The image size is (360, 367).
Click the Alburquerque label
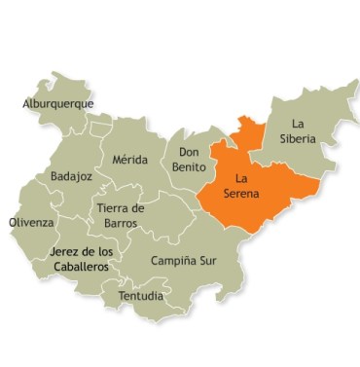(58, 103)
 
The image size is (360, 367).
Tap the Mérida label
(130, 160)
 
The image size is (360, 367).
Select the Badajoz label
(71, 177)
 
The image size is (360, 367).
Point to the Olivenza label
(32, 222)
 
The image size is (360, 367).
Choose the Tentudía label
(141, 295)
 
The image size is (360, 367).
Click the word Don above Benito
(190, 153)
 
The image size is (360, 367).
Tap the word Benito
(190, 167)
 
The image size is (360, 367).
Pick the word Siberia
(297, 139)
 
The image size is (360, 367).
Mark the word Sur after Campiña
(207, 262)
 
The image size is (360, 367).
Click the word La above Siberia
(299, 124)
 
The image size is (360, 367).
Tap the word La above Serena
(243, 179)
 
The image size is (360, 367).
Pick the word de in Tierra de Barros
(138, 208)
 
